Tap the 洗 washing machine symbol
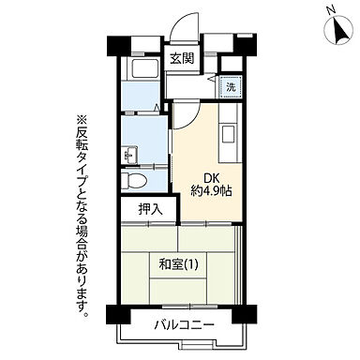[x=229, y=87]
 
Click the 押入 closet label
[x=150, y=209]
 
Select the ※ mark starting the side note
[x=82, y=119]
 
